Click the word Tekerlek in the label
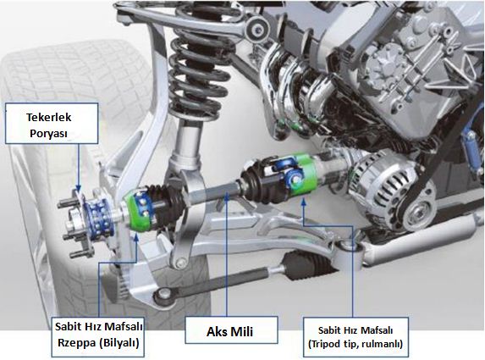coord(48,117)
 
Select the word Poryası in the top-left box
coord(48,134)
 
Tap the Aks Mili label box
coord(231,330)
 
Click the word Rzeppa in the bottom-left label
coord(74,343)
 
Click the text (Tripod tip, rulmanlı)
coord(355,344)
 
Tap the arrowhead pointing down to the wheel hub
coord(79,187)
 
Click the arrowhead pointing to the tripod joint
coord(304,202)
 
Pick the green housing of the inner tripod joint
coord(305,174)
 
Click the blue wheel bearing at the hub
coord(97,213)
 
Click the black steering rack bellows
coord(301,263)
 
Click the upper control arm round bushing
coord(256,29)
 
